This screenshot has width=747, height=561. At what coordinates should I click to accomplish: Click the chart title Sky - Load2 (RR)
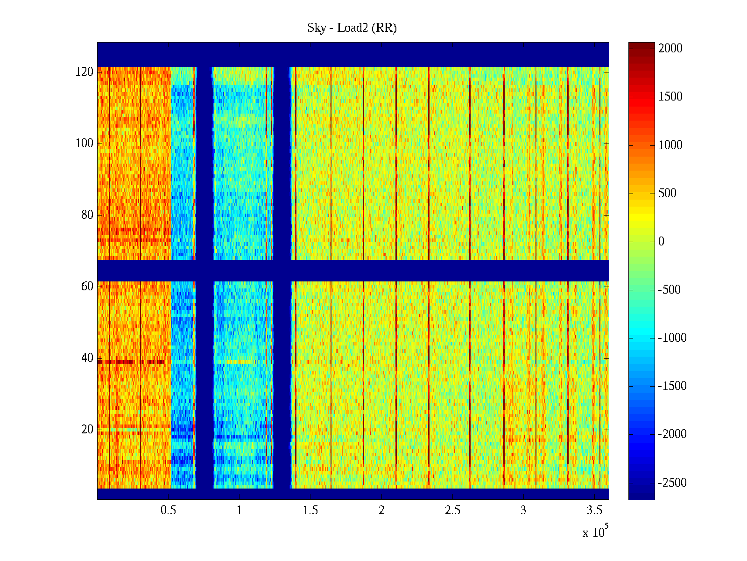pyautogui.click(x=352, y=28)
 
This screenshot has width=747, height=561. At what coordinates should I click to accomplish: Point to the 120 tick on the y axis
pyautogui.click(x=85, y=72)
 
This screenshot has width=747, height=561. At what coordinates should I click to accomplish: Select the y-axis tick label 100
pyautogui.click(x=85, y=144)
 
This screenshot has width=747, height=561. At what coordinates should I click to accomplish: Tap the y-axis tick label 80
pyautogui.click(x=87, y=215)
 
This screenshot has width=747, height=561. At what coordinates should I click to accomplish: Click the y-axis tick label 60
pyautogui.click(x=87, y=286)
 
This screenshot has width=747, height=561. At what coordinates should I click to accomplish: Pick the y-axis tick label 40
pyautogui.click(x=87, y=358)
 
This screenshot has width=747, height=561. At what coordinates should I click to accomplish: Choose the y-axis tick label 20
pyautogui.click(x=87, y=429)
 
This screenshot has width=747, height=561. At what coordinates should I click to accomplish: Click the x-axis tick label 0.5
pyautogui.click(x=168, y=511)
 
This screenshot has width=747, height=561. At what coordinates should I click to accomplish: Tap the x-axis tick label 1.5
pyautogui.click(x=310, y=511)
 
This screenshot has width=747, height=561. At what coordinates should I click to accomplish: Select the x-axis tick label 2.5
pyautogui.click(x=452, y=511)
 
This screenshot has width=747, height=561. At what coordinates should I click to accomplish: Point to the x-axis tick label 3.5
pyautogui.click(x=594, y=511)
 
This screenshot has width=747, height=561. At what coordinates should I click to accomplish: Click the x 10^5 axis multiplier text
pyautogui.click(x=595, y=532)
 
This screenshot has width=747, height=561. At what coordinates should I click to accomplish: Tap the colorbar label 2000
pyautogui.click(x=670, y=49)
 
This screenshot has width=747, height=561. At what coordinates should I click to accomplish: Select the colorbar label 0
pyautogui.click(x=661, y=242)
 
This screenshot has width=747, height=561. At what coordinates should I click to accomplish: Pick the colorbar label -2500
pyautogui.click(x=672, y=483)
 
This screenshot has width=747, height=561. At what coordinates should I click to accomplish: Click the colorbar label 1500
pyautogui.click(x=670, y=97)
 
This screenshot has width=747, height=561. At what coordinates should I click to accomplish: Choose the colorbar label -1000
pyautogui.click(x=672, y=338)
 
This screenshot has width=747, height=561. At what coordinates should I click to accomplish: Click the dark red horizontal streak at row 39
pyautogui.click(x=131, y=362)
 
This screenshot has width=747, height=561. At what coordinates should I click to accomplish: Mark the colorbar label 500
pyautogui.click(x=667, y=194)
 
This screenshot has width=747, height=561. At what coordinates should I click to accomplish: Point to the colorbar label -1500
pyautogui.click(x=672, y=386)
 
